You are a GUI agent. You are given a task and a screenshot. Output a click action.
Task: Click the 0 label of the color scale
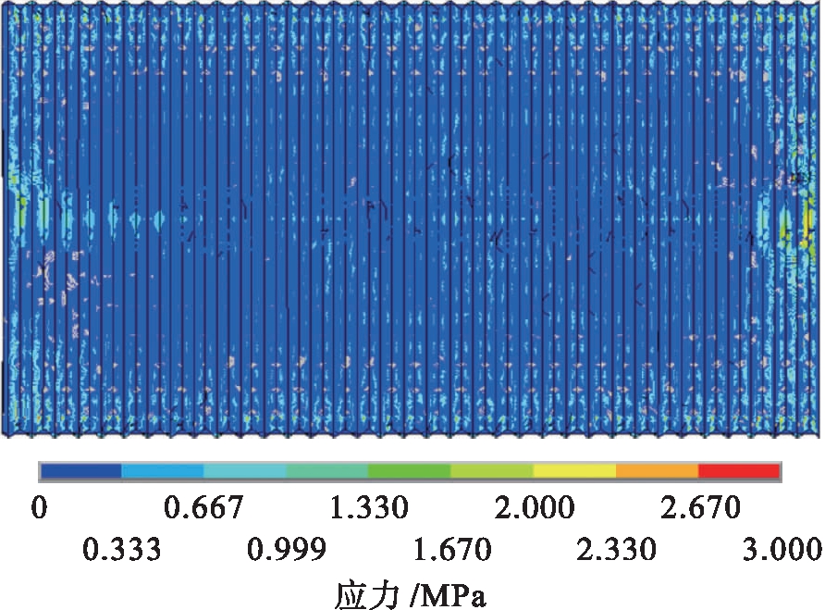[40, 508]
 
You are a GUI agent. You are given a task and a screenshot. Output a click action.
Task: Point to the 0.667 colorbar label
[203, 508]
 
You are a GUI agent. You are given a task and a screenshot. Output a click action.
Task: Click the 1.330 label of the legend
[368, 508]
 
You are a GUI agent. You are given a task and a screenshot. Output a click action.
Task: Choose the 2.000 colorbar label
[533, 508]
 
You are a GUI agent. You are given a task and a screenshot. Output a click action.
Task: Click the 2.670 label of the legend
[698, 508]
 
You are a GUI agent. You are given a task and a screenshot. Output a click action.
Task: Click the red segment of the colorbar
[739, 471]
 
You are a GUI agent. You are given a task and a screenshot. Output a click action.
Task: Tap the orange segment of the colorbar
[657, 471]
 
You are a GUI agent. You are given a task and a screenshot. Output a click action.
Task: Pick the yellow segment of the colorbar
[574, 471]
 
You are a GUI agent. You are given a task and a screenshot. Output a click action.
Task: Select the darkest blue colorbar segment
[81, 471]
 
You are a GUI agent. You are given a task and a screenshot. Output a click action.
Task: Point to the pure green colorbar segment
[410, 471]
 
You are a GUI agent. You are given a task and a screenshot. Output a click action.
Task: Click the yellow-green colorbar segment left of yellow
[492, 471]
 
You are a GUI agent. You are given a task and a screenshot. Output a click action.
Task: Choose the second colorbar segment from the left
[163, 471]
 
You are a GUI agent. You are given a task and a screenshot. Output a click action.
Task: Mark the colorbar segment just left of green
[327, 471]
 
